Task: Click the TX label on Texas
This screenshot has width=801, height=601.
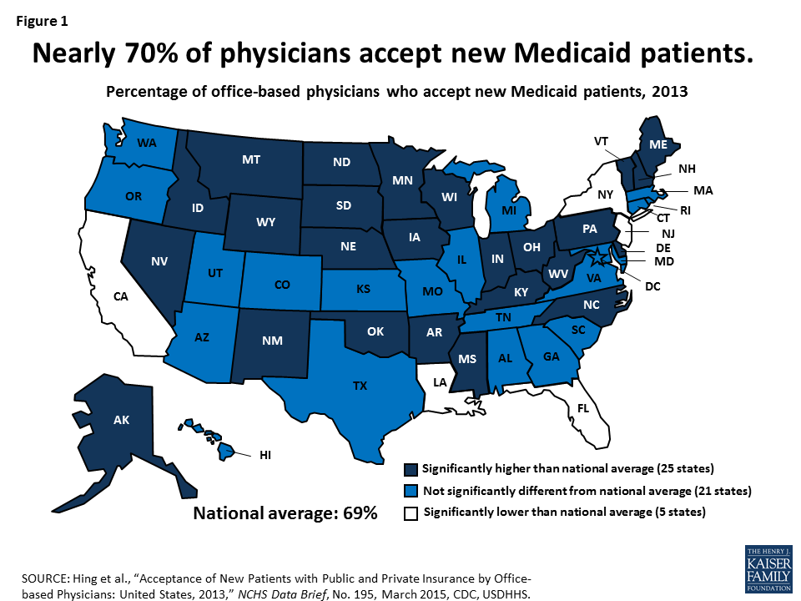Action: [x=360, y=386]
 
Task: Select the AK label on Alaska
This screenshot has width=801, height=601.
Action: [x=121, y=420]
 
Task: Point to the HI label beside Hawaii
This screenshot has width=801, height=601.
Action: [x=266, y=455]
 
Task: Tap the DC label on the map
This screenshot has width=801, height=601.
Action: [x=652, y=286]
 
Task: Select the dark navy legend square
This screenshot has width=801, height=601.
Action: [x=411, y=470]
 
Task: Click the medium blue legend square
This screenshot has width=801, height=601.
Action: [x=411, y=492]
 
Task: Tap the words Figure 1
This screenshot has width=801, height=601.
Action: [x=41, y=21]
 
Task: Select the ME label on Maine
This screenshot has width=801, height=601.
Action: [x=657, y=144]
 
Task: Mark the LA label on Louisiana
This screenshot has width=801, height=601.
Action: [x=439, y=382]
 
